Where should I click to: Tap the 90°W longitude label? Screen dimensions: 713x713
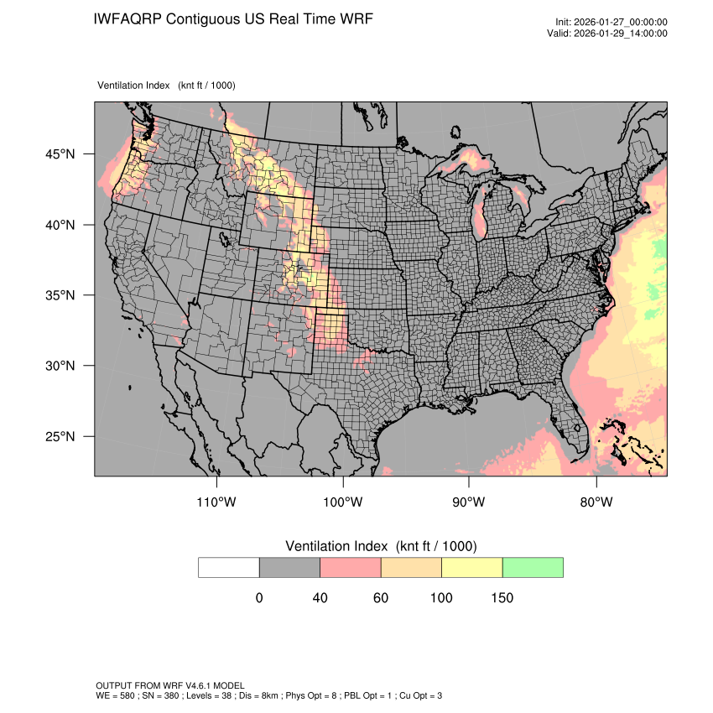point(469,502)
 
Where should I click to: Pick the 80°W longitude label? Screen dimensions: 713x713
point(596,502)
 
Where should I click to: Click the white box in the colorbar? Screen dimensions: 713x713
point(229,567)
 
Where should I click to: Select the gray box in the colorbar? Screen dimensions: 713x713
point(289,567)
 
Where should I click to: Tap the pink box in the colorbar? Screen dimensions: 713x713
point(351,567)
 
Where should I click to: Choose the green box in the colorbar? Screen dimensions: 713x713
point(533,567)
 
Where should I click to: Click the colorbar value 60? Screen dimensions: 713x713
point(381,598)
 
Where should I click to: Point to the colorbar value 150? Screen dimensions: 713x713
point(502,598)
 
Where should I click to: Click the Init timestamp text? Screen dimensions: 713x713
point(611,22)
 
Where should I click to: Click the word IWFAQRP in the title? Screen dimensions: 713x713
point(128,18)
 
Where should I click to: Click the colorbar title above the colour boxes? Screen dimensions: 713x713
point(381,546)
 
